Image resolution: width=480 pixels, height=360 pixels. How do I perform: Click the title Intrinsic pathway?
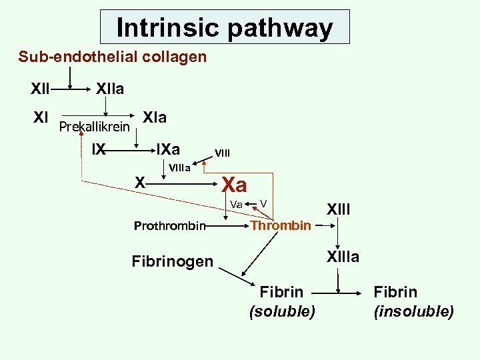[x=224, y=27]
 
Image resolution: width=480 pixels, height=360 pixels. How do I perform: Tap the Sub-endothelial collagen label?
[x=113, y=57]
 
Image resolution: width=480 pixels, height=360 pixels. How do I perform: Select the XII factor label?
[x=41, y=88]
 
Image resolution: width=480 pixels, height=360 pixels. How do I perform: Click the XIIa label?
[x=110, y=88]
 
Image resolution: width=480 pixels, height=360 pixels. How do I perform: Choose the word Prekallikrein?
[x=94, y=127]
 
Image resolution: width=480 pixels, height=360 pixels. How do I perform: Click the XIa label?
[x=155, y=118]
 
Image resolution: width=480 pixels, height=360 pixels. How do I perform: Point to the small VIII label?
[x=222, y=153]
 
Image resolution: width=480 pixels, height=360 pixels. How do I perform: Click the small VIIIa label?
[x=180, y=167]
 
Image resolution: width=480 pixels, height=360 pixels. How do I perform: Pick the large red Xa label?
[x=234, y=184]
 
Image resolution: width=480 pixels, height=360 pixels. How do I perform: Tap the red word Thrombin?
[x=281, y=225]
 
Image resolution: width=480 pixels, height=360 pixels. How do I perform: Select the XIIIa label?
[x=342, y=257]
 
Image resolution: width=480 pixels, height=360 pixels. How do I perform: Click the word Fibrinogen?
[x=172, y=261]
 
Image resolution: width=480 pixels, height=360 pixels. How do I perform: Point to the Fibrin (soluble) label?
[x=281, y=301]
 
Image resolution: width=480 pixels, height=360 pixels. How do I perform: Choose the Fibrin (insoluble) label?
[x=413, y=301]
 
